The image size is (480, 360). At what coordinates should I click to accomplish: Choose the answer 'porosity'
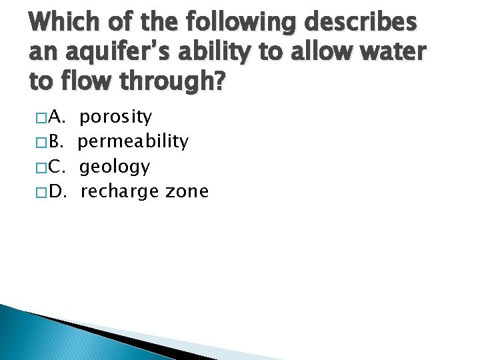[x=116, y=119]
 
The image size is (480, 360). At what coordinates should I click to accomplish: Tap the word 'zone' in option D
[x=187, y=192]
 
